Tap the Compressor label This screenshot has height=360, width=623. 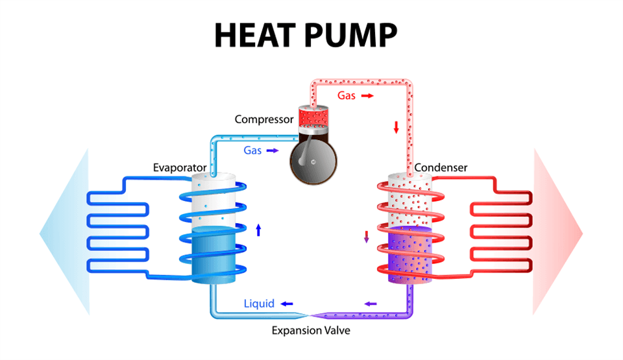(x=263, y=119)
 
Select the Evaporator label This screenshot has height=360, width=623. (x=180, y=167)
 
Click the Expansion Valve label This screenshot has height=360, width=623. (x=311, y=330)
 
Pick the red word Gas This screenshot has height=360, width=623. (x=346, y=95)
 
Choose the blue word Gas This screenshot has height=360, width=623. (x=252, y=150)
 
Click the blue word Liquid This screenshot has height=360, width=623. (x=260, y=303)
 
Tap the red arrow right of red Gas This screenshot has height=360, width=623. (x=367, y=95)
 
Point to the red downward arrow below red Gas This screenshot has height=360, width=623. (x=396, y=127)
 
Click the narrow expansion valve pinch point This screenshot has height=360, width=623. (x=310, y=315)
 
